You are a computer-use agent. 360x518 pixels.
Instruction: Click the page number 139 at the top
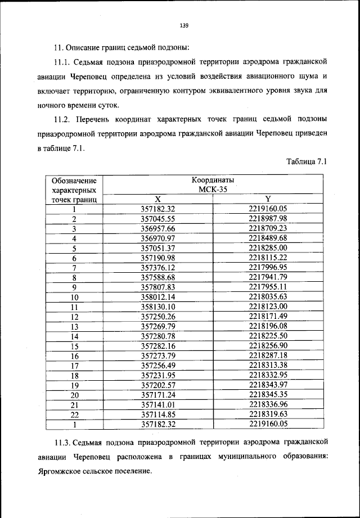click(183, 25)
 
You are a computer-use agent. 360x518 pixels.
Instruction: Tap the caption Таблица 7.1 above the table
click(307, 162)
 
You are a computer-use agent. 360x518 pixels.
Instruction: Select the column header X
click(158, 199)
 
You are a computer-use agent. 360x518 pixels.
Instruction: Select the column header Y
click(268, 199)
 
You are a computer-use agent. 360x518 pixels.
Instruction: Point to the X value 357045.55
click(158, 218)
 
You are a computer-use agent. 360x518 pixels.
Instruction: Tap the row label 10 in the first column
click(74, 296)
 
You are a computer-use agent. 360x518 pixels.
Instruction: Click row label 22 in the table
click(74, 414)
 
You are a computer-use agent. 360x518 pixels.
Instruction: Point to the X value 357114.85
click(158, 414)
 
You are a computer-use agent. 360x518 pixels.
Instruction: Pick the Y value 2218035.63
click(268, 296)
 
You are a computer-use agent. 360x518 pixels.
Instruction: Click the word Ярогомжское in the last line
click(62, 471)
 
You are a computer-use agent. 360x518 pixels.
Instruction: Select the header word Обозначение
click(74, 181)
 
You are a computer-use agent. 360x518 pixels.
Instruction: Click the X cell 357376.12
click(158, 267)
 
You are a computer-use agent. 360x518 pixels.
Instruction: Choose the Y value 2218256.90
click(268, 345)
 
